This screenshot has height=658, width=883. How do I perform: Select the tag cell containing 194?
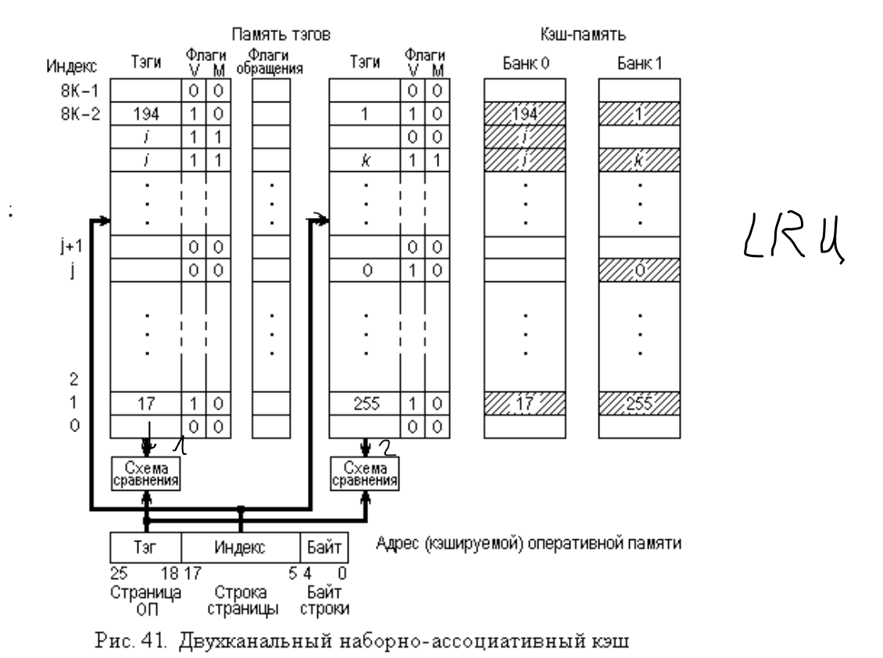coord(146,114)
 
